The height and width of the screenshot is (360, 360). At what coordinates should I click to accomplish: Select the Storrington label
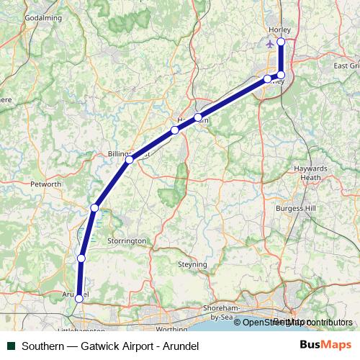(x=126, y=240)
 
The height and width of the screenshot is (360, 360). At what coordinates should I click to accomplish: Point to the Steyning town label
(x=192, y=264)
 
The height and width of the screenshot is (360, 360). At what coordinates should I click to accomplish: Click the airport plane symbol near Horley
(x=270, y=44)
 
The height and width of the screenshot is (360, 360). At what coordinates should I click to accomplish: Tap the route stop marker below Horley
(x=281, y=42)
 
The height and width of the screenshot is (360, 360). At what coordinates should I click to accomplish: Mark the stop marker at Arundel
(x=78, y=298)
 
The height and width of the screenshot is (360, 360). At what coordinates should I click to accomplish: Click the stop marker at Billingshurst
(x=129, y=159)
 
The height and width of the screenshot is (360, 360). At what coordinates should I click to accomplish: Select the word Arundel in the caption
(x=179, y=346)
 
